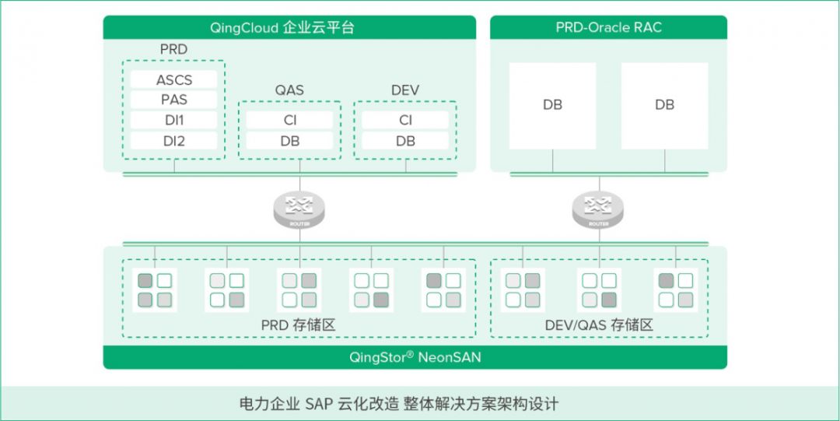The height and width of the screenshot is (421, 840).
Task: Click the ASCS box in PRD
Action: click(x=173, y=79)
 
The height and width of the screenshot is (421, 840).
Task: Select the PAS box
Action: click(x=173, y=100)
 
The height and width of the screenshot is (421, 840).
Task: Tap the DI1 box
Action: click(x=173, y=120)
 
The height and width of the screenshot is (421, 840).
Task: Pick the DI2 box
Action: click(x=173, y=141)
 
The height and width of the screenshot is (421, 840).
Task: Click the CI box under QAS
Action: click(x=289, y=120)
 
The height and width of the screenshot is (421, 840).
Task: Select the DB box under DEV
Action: click(x=405, y=141)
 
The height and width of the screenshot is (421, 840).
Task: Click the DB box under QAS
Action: click(x=289, y=141)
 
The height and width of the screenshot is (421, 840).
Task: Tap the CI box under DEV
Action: click(x=405, y=120)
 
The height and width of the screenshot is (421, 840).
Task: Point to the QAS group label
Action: click(x=289, y=90)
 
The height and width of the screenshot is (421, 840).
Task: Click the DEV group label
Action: click(x=405, y=90)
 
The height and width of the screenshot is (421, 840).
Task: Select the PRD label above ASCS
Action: click(x=173, y=50)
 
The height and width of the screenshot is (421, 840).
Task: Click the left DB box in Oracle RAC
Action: click(x=552, y=105)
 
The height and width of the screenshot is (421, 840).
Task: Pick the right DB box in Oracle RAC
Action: click(x=664, y=105)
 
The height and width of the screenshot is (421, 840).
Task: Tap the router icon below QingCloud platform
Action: click(x=299, y=209)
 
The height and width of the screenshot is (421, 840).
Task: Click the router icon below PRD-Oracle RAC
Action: click(x=598, y=209)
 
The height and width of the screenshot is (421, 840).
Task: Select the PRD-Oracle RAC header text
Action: click(x=609, y=27)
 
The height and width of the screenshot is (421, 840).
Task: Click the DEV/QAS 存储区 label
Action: click(x=598, y=325)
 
